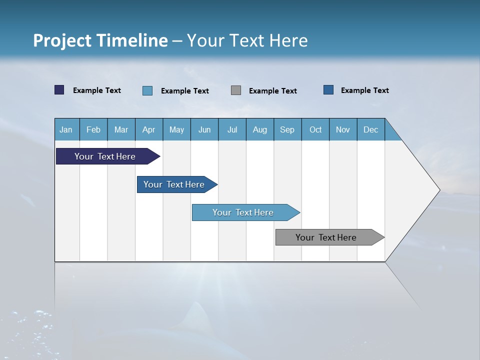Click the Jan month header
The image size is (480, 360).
pyautogui.click(x=66, y=129)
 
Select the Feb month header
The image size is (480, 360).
pyautogui.click(x=93, y=129)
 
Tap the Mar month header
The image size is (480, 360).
pyautogui.click(x=121, y=129)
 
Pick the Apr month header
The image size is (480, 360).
pyautogui.click(x=149, y=129)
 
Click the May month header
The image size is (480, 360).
pyautogui.click(x=176, y=129)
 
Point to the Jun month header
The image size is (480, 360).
pyautogui.click(x=204, y=129)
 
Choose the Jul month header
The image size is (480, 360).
pyautogui.click(x=232, y=129)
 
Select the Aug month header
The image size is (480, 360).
pyautogui.click(x=260, y=129)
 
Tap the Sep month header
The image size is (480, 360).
pyautogui.click(x=287, y=129)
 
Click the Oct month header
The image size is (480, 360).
pyautogui.click(x=315, y=129)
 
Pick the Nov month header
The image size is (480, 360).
pyautogui.click(x=343, y=129)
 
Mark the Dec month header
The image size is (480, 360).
pyautogui.click(x=371, y=129)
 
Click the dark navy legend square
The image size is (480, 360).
pyautogui.click(x=59, y=90)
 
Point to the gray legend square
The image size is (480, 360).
pyautogui.click(x=236, y=90)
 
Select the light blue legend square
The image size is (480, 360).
pyautogui.click(x=147, y=90)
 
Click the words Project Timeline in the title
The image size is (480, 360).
pyautogui.click(x=100, y=40)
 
